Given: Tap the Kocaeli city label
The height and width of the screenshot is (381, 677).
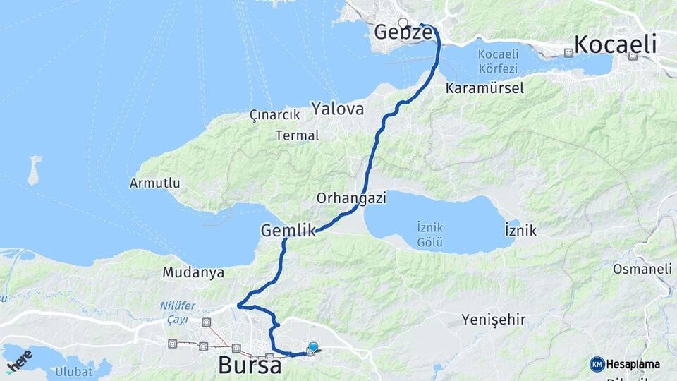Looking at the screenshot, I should (615, 44).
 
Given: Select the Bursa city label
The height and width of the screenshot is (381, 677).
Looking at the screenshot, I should (250, 365).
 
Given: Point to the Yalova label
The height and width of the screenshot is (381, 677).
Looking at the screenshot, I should (338, 109).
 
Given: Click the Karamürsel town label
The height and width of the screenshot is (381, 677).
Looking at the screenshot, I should (484, 89).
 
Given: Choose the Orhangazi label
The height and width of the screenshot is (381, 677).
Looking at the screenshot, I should (351, 198).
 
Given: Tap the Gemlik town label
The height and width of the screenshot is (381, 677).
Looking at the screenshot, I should (287, 230).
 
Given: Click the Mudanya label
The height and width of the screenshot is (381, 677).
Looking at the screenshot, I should (193, 272).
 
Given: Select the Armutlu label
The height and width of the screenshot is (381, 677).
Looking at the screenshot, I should (154, 183).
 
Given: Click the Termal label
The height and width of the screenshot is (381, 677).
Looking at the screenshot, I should (298, 135).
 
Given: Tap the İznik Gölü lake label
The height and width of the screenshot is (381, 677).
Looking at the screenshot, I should (429, 235).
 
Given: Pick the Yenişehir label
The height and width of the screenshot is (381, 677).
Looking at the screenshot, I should (494, 320).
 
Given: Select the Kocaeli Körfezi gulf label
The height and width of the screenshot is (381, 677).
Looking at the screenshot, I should (497, 61).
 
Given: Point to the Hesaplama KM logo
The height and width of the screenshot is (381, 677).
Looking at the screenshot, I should (625, 364).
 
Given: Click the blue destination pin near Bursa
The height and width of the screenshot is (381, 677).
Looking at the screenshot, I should (313, 346).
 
